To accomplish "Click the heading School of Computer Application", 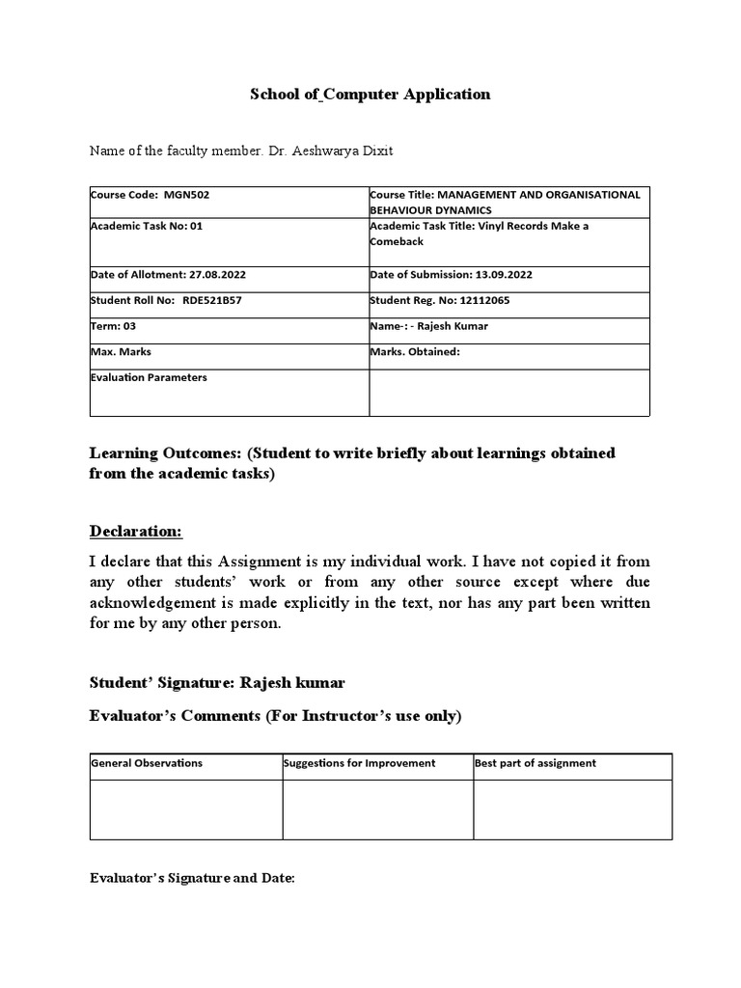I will (x=370, y=95).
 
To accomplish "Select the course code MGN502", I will (x=187, y=195).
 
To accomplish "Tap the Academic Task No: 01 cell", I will (x=147, y=226).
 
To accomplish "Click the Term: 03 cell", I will (x=113, y=326).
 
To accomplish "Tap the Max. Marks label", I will (x=121, y=352).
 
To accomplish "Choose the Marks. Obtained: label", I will (x=415, y=352).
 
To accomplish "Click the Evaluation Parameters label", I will (x=149, y=378).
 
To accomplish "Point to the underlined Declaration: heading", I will (x=135, y=532).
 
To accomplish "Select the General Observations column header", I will (x=147, y=763).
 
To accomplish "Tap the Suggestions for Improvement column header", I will (x=360, y=763).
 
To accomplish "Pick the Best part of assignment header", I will (x=535, y=763).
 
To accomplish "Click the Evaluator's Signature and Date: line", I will (x=192, y=879).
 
